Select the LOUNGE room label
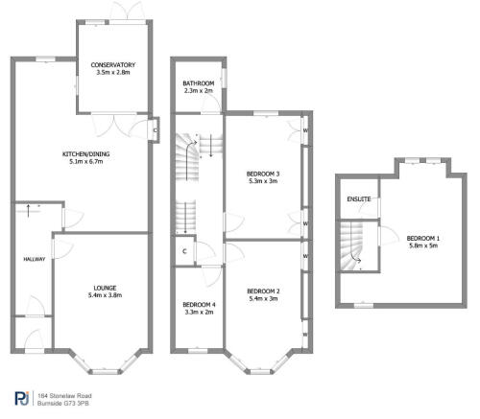106,287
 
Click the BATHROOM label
199,83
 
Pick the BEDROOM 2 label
263,291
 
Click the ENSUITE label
358,199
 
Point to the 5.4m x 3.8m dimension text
106,295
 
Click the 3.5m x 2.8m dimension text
115,72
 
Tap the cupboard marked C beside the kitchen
155,130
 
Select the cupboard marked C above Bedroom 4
183,252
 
